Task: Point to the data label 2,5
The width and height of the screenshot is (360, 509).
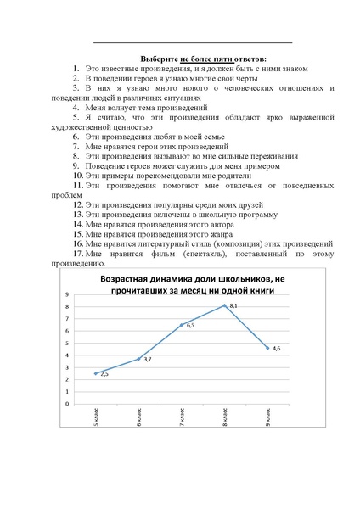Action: click(104, 374)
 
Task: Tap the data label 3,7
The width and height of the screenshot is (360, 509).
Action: click(148, 361)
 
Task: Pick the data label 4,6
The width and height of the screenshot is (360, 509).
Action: click(276, 348)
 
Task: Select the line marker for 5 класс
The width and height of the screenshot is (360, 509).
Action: click(96, 372)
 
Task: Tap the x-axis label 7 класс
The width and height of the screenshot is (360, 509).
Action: click(181, 416)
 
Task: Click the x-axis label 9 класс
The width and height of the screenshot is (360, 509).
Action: click(267, 416)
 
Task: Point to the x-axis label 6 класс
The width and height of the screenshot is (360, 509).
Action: click(138, 416)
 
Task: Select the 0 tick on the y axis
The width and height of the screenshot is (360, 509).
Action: click(67, 403)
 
